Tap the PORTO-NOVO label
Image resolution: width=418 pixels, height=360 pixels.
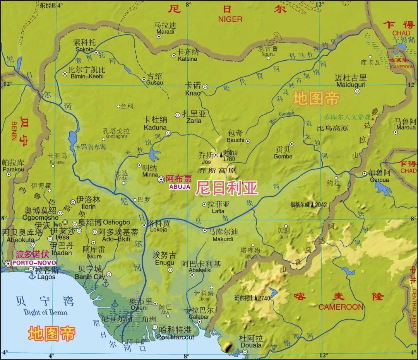click(x=31, y=263)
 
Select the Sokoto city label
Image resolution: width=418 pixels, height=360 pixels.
click(x=84, y=49)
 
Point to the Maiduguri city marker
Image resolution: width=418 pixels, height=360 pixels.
click(x=358, y=92)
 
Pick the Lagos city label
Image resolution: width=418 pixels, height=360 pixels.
click(x=46, y=277)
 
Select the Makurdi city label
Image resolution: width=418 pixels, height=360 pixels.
click(x=223, y=239)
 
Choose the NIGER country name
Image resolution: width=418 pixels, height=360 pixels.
click(x=230, y=19)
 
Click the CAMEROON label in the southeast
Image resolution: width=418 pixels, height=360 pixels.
click(x=341, y=307)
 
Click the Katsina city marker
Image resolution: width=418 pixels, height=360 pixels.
click(x=174, y=56)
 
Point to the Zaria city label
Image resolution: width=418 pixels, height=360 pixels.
click(x=194, y=121)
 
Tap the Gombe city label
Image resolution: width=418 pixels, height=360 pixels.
click(x=283, y=157)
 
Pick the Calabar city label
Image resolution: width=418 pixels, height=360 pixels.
click(x=199, y=317)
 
